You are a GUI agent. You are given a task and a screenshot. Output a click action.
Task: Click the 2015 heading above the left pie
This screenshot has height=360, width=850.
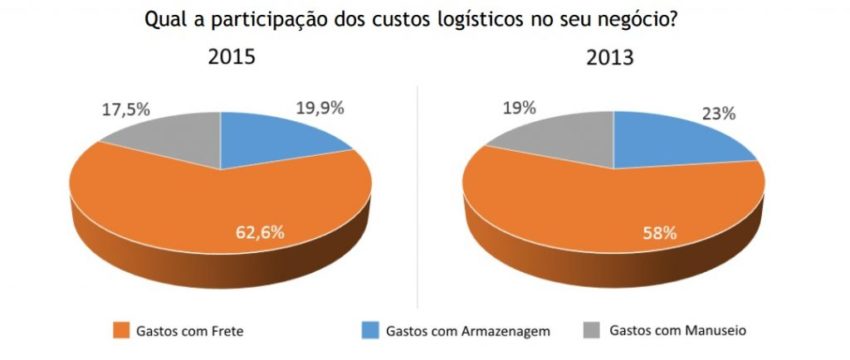231,57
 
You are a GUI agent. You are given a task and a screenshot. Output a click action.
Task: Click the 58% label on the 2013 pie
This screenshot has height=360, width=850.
660,233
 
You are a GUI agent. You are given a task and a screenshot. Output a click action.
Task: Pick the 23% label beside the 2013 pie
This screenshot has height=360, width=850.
718,113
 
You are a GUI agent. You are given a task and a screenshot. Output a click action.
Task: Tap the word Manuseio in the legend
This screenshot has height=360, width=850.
712,330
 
